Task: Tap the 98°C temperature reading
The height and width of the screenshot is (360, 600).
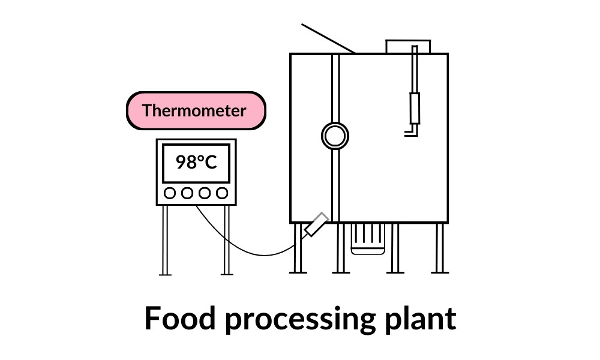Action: [196, 162]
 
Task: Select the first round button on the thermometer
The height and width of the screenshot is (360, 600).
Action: [170, 193]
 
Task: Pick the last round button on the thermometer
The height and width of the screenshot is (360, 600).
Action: [223, 193]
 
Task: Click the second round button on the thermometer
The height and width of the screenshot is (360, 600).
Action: [187, 193]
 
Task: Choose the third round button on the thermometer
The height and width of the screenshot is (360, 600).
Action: [205, 193]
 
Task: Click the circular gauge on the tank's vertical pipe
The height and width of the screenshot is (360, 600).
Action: [335, 136]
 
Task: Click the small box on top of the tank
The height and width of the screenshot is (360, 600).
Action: [408, 47]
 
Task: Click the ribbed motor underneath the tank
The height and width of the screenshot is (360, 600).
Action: [368, 238]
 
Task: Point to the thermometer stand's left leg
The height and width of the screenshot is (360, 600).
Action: [164, 240]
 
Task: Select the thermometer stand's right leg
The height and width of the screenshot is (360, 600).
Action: [227, 240]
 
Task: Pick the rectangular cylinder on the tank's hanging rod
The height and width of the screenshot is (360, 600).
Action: [414, 108]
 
